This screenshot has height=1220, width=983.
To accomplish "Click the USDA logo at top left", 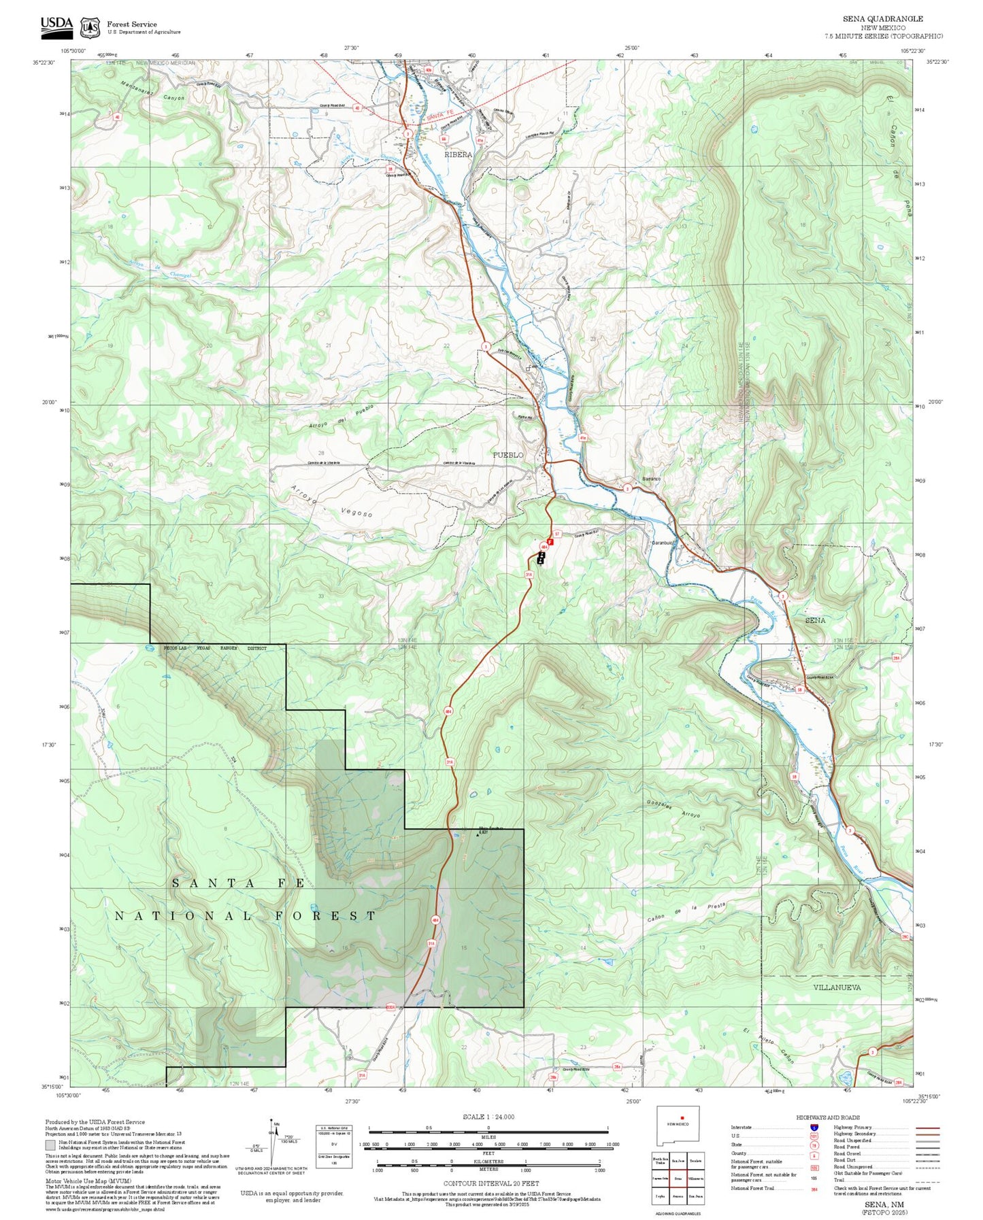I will tap(56, 26).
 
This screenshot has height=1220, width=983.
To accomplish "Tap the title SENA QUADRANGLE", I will tap(882, 19).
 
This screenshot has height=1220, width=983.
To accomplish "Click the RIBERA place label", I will tap(458, 154).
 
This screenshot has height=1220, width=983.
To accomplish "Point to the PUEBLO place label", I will tap(507, 454).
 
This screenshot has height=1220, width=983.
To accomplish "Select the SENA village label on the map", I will tap(814, 620).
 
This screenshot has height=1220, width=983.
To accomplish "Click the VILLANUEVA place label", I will tap(837, 987).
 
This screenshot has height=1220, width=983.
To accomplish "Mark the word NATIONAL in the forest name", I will tap(183, 916).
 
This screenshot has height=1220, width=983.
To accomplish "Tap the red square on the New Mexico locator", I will tap(681, 1117).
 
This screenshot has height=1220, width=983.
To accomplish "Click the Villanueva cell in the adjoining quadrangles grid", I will tap(695, 1179).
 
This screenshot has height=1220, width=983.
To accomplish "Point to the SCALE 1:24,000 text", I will tap(488, 1117).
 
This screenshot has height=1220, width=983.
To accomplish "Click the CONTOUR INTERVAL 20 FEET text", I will tap(490, 1184).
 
